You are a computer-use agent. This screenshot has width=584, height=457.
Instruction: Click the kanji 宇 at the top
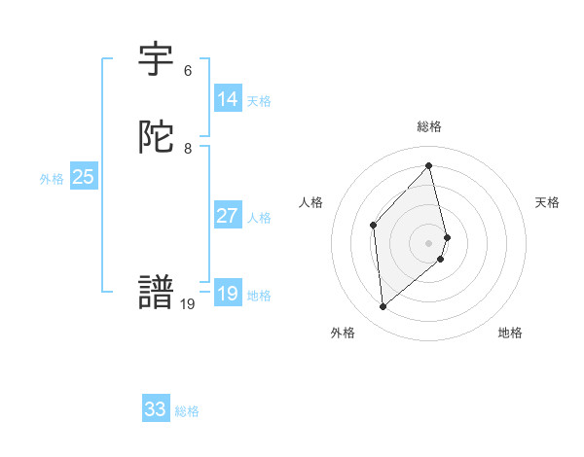(x=157, y=60)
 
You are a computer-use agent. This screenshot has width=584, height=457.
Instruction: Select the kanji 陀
(x=157, y=138)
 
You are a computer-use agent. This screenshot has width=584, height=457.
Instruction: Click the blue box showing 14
(x=228, y=99)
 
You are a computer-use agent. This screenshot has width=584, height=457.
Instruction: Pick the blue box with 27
(x=228, y=216)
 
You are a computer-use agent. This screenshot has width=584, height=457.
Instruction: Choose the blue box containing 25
(x=84, y=177)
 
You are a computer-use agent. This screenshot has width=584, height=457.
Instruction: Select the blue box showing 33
(x=156, y=409)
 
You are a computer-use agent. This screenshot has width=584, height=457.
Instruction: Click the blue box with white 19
(x=228, y=294)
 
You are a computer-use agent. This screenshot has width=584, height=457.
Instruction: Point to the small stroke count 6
(x=188, y=71)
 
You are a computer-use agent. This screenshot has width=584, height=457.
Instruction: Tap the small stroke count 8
(x=188, y=149)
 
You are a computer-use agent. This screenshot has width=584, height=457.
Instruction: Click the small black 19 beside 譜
(x=188, y=304)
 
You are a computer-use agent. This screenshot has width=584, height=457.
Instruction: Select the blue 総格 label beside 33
(x=187, y=411)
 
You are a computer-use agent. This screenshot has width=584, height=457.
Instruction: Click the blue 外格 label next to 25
(x=52, y=179)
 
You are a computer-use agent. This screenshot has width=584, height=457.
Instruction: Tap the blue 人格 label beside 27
(x=259, y=218)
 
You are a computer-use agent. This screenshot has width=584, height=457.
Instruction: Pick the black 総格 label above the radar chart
(x=429, y=126)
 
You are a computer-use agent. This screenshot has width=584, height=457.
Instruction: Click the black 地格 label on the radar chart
(x=510, y=333)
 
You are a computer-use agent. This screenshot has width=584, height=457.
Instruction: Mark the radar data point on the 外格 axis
(x=383, y=307)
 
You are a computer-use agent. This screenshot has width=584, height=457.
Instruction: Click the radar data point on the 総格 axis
(x=429, y=165)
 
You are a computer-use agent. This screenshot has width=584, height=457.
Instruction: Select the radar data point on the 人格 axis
(x=374, y=226)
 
